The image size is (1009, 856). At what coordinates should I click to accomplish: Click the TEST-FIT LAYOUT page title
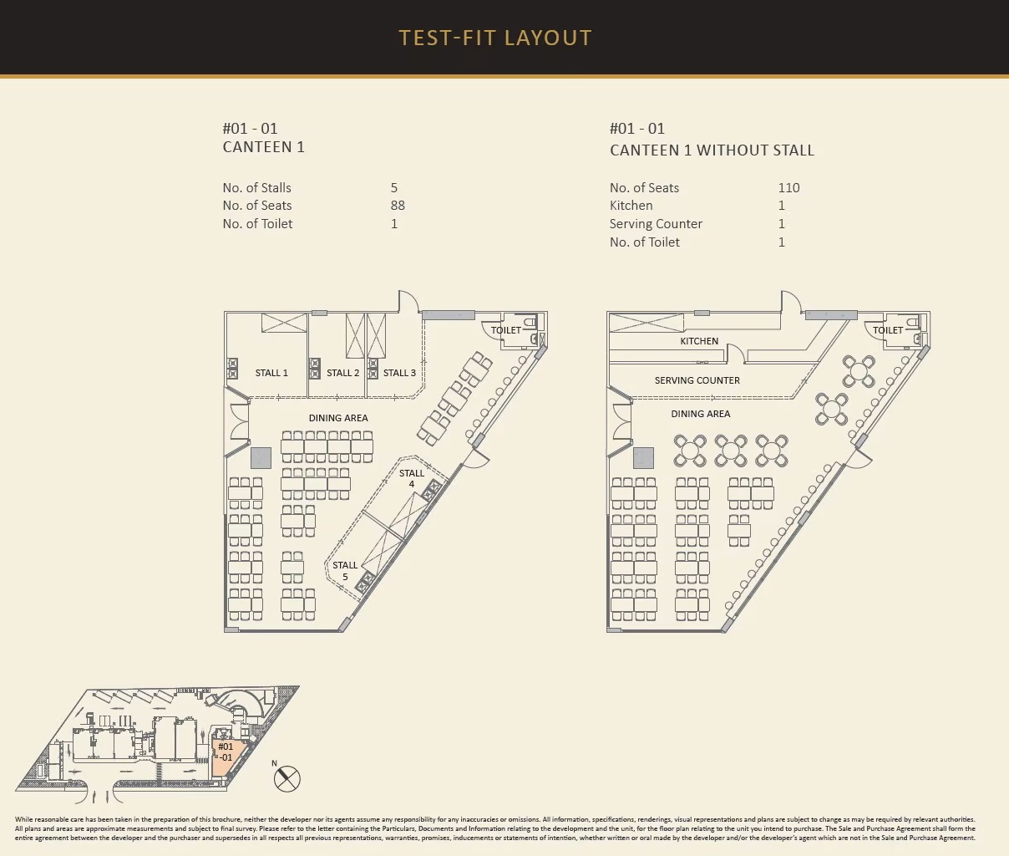(x=495, y=38)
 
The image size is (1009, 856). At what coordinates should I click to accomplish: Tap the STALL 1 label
(x=271, y=373)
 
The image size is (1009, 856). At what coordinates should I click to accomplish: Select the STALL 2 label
(x=342, y=373)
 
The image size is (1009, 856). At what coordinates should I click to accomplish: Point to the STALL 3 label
(x=399, y=373)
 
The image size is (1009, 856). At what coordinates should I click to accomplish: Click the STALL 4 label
(x=412, y=478)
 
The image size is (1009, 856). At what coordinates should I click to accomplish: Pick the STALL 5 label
(x=345, y=571)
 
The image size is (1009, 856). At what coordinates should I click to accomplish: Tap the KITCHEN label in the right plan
(x=699, y=341)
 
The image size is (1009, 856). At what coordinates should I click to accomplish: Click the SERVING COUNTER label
(x=697, y=380)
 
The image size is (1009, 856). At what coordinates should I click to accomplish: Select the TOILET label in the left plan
(x=505, y=330)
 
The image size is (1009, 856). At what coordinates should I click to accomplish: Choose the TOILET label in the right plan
(x=888, y=330)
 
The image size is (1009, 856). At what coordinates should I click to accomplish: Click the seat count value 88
(x=398, y=205)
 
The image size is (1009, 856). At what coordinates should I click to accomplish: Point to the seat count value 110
(x=788, y=187)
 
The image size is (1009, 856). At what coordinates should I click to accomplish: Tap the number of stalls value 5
(x=394, y=187)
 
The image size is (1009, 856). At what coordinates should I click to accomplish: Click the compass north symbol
(x=287, y=779)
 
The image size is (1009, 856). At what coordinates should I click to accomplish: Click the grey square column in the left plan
(x=261, y=458)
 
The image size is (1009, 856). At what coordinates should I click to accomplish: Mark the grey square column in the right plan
(x=643, y=458)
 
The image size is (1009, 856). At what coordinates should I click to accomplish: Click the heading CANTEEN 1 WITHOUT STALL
(x=712, y=150)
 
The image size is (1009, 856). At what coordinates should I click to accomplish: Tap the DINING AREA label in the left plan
(x=338, y=418)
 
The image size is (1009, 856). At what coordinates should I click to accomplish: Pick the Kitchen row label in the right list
(x=631, y=205)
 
